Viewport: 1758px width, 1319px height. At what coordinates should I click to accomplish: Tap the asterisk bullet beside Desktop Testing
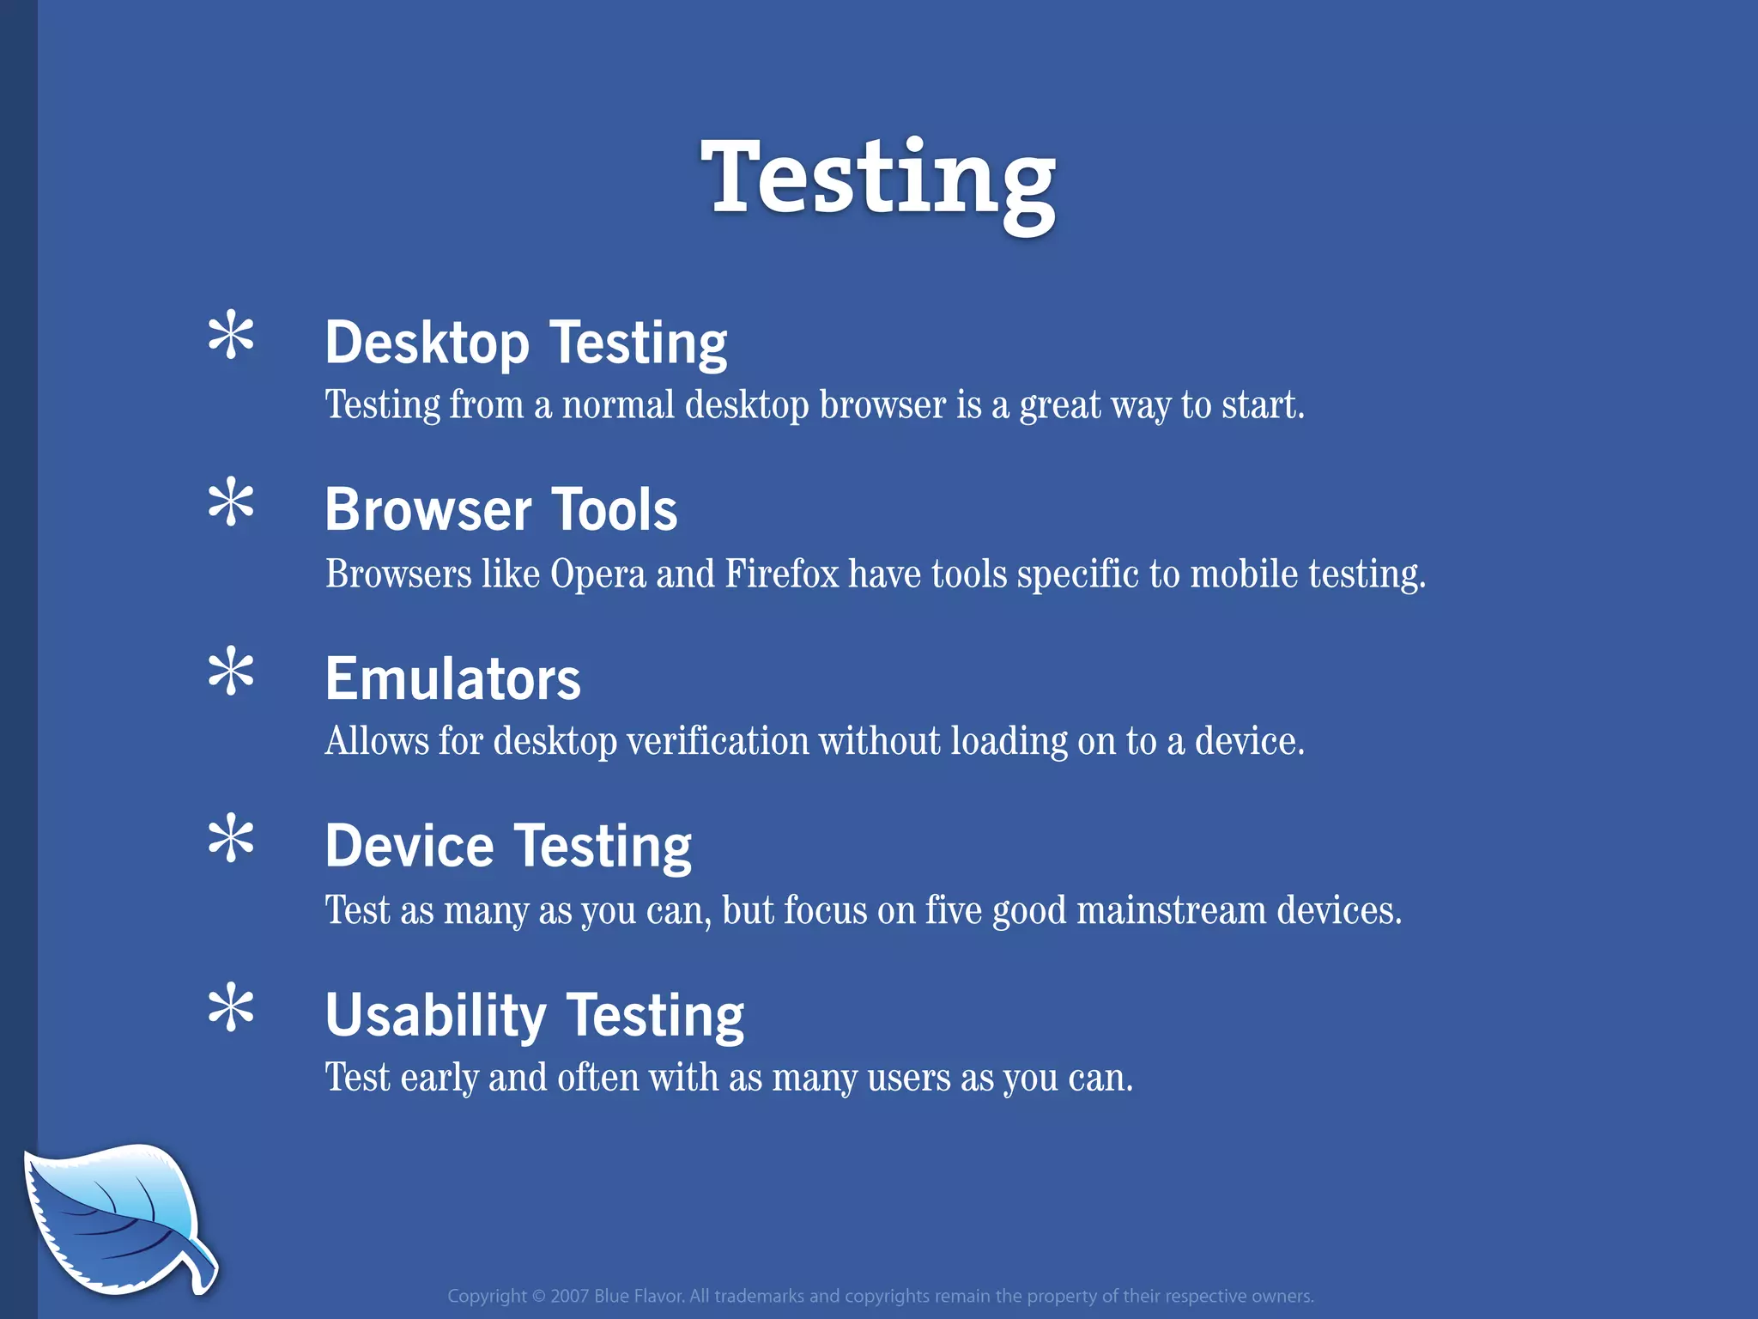pyautogui.click(x=231, y=336)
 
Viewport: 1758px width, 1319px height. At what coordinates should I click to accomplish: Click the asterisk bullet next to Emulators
pyautogui.click(x=231, y=672)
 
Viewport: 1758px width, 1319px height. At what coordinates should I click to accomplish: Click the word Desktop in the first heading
pyautogui.click(x=427, y=343)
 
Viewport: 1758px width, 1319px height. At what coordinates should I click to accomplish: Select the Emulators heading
pyautogui.click(x=452, y=679)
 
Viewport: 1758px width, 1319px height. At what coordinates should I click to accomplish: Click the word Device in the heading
pyautogui.click(x=409, y=847)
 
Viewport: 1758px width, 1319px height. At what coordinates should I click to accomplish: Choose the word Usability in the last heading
pyautogui.click(x=435, y=1016)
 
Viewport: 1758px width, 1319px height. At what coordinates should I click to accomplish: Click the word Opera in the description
pyautogui.click(x=597, y=574)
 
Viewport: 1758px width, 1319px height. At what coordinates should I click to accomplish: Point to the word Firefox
pyautogui.click(x=781, y=574)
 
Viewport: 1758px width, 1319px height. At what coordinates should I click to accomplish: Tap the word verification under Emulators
pyautogui.click(x=718, y=741)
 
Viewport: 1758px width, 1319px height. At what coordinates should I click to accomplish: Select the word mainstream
pyautogui.click(x=1171, y=910)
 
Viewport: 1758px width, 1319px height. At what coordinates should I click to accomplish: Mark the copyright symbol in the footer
pyautogui.click(x=538, y=1297)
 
